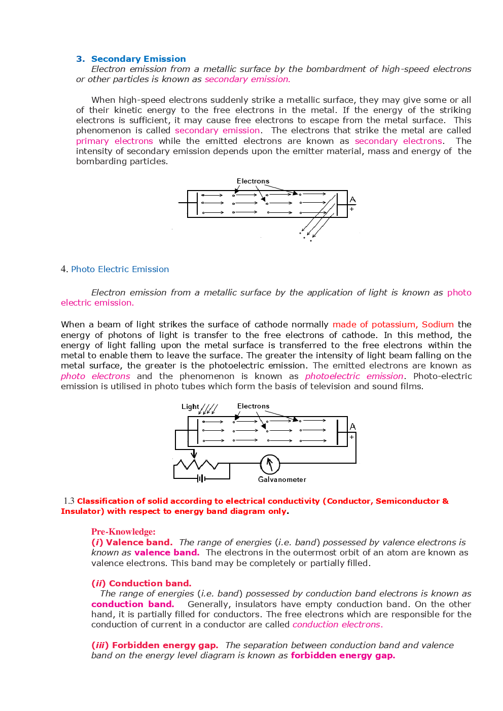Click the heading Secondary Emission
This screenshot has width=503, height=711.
[138, 59]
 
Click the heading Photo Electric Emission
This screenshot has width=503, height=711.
[120, 269]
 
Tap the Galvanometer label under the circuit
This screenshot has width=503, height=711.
[282, 479]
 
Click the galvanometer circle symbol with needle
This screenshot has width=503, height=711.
[270, 464]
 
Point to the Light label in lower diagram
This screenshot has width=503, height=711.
[190, 406]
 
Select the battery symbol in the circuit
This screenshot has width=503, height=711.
[201, 478]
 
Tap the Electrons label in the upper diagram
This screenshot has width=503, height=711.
[253, 181]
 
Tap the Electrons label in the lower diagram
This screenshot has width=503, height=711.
[253, 406]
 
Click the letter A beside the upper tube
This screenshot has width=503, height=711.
[353, 200]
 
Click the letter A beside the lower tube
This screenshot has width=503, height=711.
[353, 426]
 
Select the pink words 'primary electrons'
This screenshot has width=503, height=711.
[114, 141]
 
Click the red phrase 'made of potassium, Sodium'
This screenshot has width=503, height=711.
[393, 324]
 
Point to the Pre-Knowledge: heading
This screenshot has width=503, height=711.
[123, 532]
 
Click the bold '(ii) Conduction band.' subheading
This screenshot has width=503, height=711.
[141, 583]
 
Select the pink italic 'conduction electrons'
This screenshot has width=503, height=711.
[337, 624]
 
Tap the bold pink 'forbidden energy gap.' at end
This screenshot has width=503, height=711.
[343, 655]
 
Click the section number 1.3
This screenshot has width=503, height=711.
[69, 501]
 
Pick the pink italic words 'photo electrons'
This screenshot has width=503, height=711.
[95, 376]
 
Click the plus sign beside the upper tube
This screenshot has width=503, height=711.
[352, 209]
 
